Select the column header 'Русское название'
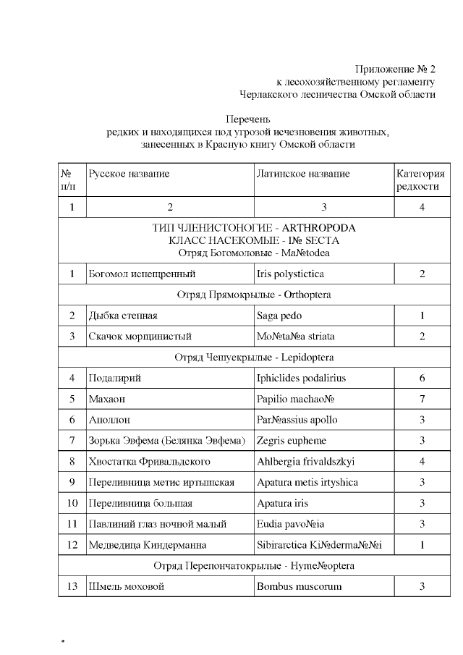129,174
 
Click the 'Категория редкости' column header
420,179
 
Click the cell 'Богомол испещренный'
142,274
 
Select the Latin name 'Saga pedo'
279,316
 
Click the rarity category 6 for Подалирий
421,378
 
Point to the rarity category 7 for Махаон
421,399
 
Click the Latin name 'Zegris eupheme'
291,440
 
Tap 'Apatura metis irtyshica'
307,482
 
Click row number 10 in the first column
72,503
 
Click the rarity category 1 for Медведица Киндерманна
421,545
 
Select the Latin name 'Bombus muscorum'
299,586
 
